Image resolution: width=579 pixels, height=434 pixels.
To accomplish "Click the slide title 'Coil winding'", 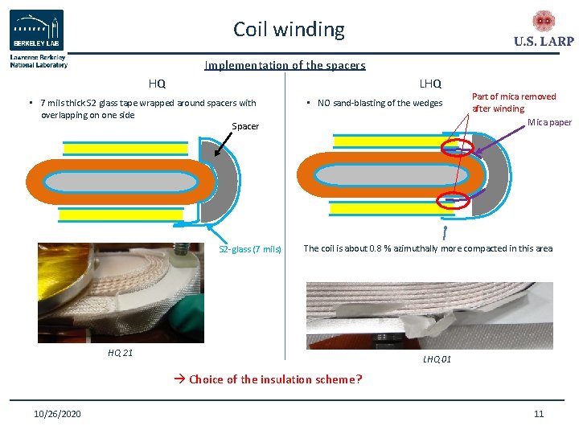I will coord(289,30).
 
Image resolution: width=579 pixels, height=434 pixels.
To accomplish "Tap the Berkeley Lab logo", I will coord(37,31).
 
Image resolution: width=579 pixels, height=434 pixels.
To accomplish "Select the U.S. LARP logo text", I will coord(544,42).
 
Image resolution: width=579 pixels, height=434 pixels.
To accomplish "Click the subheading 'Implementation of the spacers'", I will coord(285,66).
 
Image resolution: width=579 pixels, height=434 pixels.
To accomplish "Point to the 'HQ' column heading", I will coord(157,83).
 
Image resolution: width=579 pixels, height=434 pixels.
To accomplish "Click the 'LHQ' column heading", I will coord(430,83).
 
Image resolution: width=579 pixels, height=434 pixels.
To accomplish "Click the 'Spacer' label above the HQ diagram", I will coord(245,126).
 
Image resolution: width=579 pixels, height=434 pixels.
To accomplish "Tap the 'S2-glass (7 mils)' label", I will coord(250,249).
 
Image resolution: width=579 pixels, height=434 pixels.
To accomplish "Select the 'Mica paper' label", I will coord(549,122).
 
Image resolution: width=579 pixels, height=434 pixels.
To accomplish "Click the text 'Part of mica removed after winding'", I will coord(513,102).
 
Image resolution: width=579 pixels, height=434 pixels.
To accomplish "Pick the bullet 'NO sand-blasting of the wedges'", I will coord(380,103).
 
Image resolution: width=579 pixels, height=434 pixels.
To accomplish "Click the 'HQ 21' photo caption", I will coord(121,353).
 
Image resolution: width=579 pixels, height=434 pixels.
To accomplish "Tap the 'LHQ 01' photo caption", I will coord(437,359).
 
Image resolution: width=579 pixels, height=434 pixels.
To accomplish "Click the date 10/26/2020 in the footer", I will coord(57,414).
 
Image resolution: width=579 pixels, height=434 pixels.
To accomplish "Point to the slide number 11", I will coord(539,414).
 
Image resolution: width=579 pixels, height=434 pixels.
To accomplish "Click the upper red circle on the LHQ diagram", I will coord(455,145).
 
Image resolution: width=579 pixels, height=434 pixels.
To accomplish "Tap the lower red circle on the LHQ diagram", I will coord(451,203).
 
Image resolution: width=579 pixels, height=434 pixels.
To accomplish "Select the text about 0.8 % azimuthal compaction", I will coord(428,248).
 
